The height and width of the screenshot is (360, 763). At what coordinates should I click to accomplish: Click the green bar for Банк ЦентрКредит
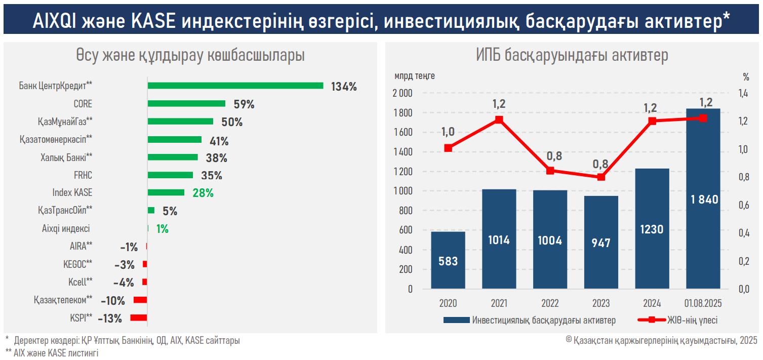235,86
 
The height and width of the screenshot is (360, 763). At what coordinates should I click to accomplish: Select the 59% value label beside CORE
244,104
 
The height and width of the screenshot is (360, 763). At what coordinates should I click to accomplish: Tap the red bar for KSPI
138,318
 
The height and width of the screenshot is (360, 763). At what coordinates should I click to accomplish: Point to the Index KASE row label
72,193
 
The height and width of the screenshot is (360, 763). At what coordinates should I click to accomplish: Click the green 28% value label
203,193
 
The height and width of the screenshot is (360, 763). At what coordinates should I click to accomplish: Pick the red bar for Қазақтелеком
140,300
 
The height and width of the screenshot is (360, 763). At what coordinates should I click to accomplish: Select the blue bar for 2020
448,260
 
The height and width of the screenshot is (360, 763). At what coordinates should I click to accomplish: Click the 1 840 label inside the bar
704,199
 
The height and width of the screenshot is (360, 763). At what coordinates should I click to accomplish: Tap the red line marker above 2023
601,177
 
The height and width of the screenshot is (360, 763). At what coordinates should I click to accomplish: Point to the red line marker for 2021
499,120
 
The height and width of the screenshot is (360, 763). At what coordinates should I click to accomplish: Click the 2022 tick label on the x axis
550,304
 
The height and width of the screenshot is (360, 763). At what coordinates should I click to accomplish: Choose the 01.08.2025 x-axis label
703,304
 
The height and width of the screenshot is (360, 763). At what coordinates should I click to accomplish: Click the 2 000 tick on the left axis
403,93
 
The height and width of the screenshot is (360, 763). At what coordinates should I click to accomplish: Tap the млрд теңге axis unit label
415,76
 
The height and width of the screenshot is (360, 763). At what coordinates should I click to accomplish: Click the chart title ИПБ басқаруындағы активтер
572,55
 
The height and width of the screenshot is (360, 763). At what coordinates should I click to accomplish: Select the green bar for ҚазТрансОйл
151,210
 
